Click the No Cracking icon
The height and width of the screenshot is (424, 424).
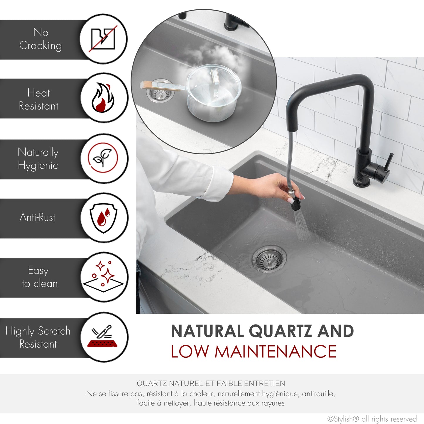(103, 39)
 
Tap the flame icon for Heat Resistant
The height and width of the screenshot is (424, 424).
(103, 98)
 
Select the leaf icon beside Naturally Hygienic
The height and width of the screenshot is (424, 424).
(103, 158)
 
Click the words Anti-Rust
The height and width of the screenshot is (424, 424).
(38, 217)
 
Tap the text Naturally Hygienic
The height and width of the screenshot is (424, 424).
(38, 159)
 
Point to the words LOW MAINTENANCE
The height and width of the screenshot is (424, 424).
(253, 352)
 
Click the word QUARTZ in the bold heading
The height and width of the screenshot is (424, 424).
(280, 331)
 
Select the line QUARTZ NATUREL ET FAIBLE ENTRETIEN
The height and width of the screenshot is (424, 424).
(211, 383)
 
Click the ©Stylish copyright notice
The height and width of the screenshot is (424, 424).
(372, 419)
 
